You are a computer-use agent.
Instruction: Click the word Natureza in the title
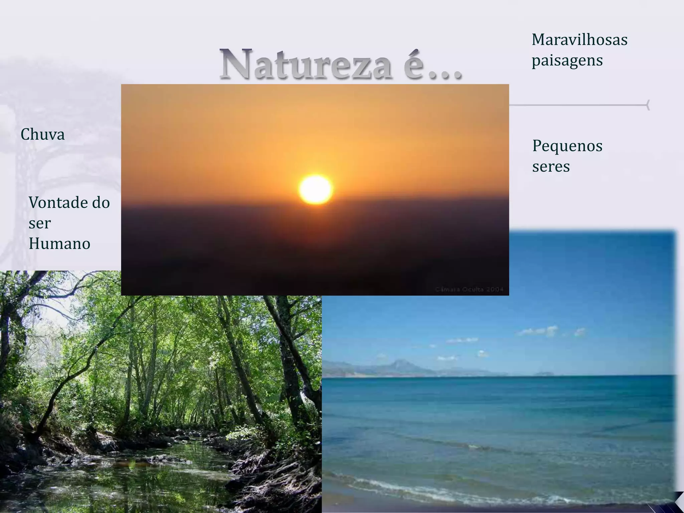[306, 64]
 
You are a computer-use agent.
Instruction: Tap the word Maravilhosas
[579, 40]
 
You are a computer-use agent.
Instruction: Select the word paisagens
[567, 60]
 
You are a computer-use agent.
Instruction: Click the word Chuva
[42, 135]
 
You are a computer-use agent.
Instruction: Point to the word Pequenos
[567, 146]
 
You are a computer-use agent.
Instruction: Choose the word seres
[551, 166]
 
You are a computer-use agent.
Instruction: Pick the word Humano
[59, 243]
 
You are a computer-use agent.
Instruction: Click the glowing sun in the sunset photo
[315, 189]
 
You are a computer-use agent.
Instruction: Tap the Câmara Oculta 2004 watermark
[469, 289]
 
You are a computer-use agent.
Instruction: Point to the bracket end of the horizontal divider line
[648, 105]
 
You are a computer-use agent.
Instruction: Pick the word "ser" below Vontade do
[39, 223]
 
